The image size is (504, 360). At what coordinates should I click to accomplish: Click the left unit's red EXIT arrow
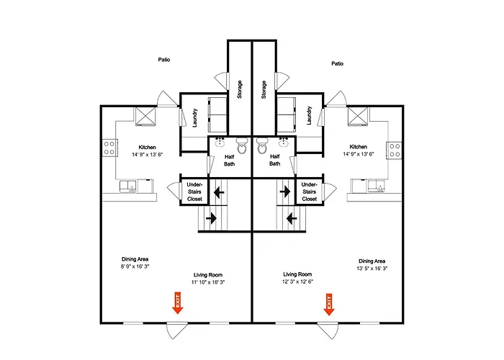coord(177,303)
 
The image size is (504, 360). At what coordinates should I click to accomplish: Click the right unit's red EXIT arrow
coord(328,305)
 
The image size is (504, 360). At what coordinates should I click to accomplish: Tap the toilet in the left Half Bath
coord(242,145)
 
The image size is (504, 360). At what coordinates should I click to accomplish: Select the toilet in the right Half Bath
coord(262,145)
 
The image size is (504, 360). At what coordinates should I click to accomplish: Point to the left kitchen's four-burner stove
coord(109,148)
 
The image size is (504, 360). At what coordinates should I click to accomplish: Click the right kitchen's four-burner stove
coord(395,150)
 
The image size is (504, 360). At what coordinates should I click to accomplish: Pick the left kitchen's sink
coord(128,186)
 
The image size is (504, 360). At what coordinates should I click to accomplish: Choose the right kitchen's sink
coord(377,186)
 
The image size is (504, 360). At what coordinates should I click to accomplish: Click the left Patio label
coord(164,60)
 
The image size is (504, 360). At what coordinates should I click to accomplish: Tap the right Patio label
coord(337,63)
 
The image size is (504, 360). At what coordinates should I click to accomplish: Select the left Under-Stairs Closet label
coord(194,192)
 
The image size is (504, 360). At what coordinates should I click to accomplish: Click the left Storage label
coord(240,89)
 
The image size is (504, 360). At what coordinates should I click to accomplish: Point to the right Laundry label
coord(309,115)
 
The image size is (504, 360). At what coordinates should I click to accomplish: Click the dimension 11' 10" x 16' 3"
coord(208,282)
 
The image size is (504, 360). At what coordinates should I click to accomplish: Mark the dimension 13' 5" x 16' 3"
coord(372,269)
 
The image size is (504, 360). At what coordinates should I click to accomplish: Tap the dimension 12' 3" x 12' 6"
coord(297,282)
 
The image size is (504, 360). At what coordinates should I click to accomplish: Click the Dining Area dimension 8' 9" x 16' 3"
coord(135,266)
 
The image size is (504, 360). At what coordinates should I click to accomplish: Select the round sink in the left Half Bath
coord(220,142)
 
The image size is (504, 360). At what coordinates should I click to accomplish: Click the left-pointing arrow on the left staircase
coord(219,192)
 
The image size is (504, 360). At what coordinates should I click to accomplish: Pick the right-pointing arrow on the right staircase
coord(285,192)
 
